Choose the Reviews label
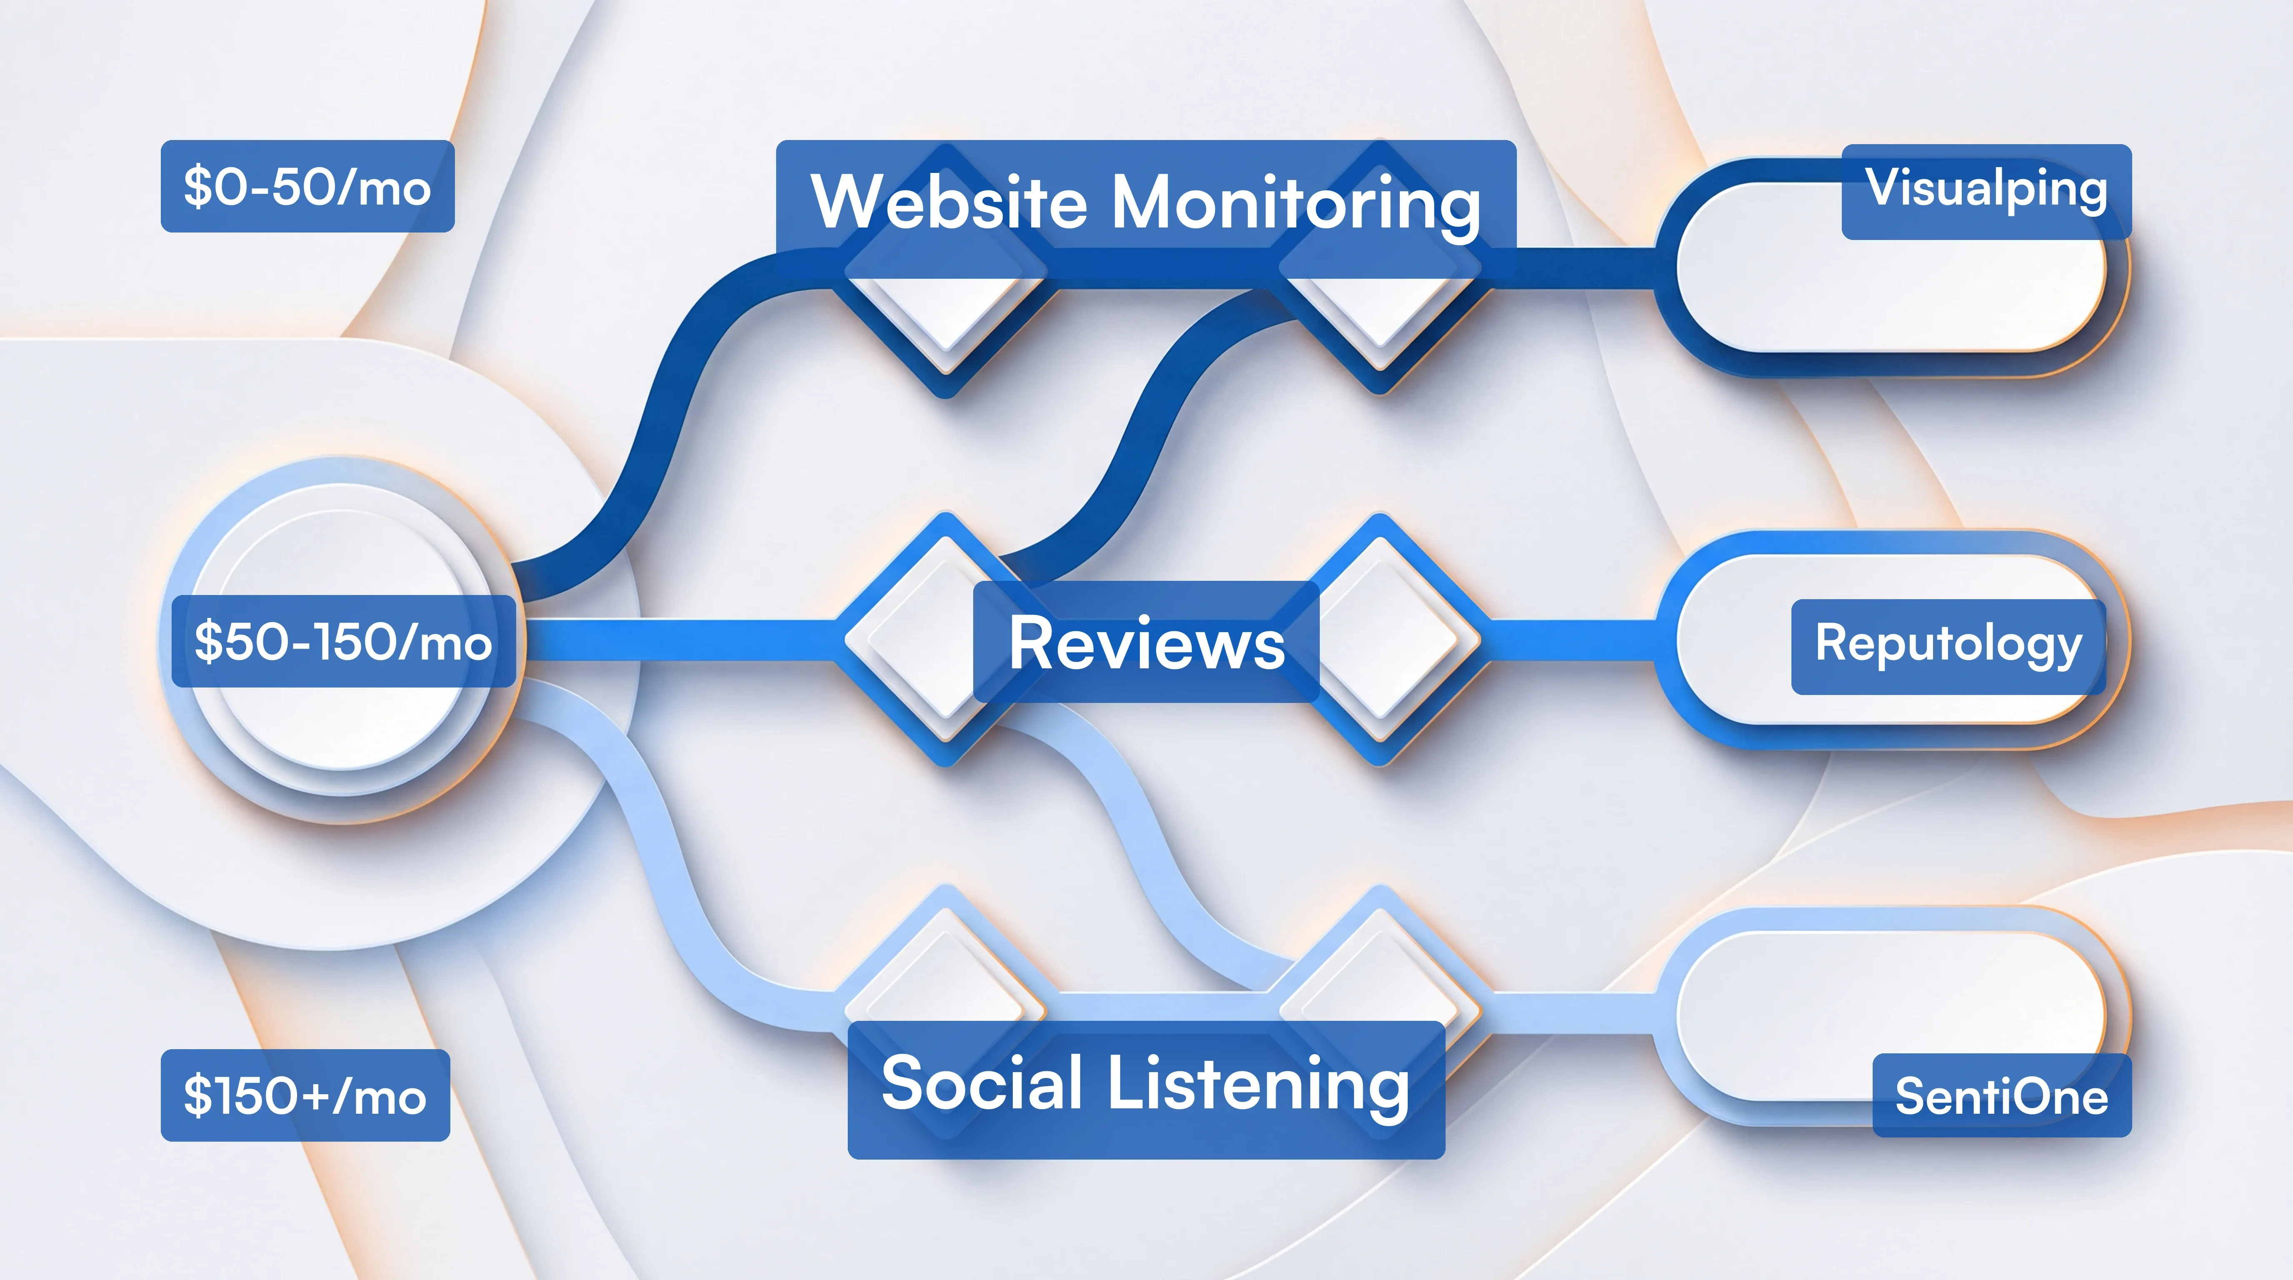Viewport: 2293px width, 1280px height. point(1146,642)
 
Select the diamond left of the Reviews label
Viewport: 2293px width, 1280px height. point(917,641)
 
